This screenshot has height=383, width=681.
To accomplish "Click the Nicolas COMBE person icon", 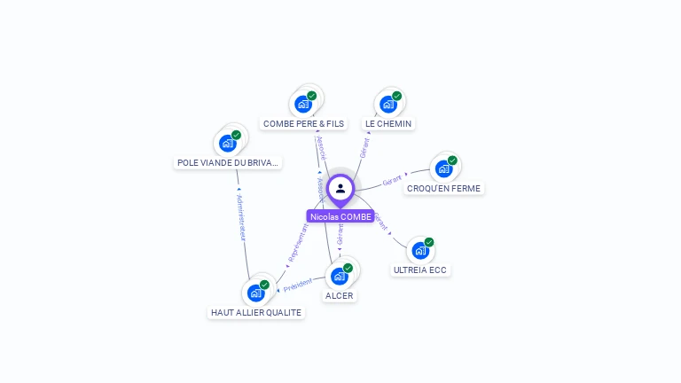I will [340, 188].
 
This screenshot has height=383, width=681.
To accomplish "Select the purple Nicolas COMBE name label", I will [340, 216].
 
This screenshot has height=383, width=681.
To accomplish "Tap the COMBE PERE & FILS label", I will [303, 124].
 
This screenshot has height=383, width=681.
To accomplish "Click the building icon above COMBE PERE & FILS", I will [304, 104].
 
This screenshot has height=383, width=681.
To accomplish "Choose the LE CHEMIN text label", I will [388, 124].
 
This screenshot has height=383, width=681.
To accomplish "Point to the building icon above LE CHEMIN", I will [388, 104].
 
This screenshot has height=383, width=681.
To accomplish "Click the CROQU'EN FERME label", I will [443, 188].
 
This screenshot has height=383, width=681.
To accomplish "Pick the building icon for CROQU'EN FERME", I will [443, 168].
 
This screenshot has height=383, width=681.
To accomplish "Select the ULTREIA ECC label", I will [420, 270].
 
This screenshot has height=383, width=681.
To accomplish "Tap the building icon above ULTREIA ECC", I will [420, 250].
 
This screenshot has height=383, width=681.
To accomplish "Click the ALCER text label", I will [339, 295].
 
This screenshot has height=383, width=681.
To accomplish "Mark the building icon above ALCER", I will [339, 276].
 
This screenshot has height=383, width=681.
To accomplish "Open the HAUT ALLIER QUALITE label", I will [256, 312].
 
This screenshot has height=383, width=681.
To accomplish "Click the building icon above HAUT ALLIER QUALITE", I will [256, 293].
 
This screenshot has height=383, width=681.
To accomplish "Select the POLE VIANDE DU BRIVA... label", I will [228, 162].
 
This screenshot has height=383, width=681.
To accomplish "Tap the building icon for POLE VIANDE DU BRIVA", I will [228, 143].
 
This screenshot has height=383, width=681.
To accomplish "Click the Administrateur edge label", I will [241, 219].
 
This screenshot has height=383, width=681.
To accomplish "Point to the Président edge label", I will [298, 284].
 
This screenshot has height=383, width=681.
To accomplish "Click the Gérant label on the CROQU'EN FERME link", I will [392, 181].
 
